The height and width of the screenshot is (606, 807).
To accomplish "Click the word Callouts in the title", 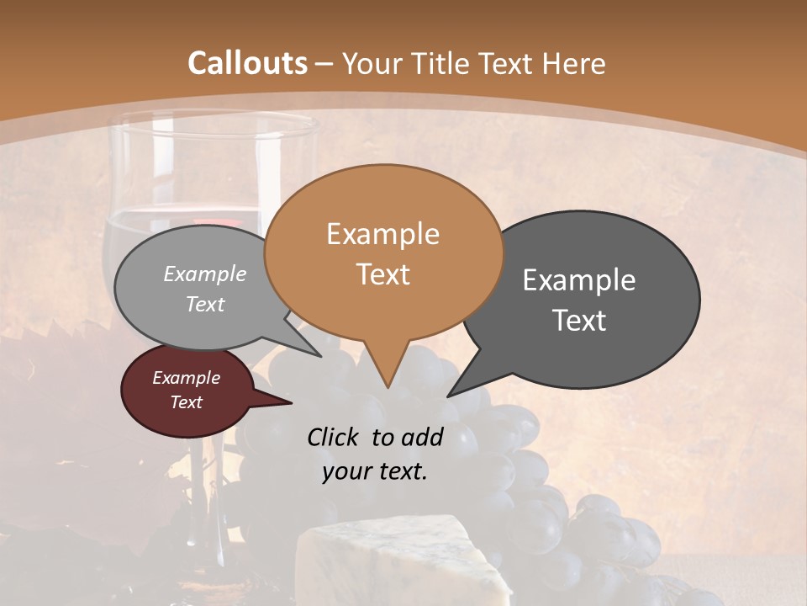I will point(248,63).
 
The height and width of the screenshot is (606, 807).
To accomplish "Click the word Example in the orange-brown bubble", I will point(383,234).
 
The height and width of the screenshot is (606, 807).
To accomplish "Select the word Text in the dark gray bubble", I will point(579,321).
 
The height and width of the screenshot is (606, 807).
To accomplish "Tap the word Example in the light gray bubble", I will point(205,274).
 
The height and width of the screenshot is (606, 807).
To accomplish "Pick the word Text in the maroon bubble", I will point(187,402).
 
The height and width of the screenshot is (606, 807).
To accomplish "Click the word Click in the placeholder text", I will point(333,437).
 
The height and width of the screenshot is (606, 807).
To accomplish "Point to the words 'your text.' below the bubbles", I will point(375,471).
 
